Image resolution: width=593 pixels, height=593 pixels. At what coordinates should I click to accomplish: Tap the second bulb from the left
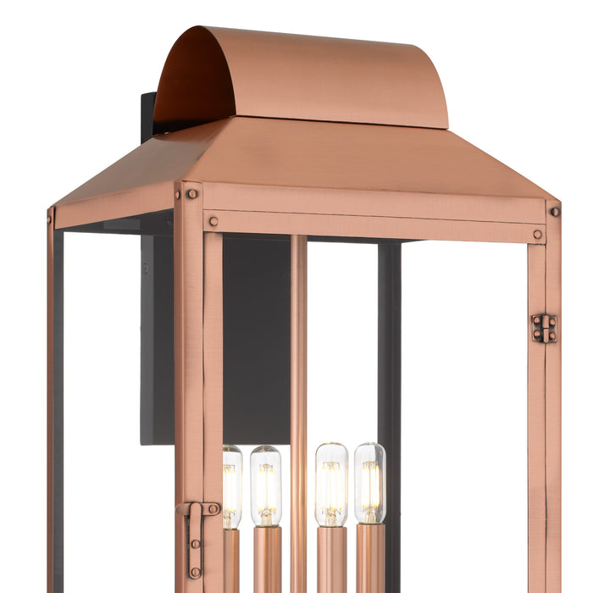click(265, 485)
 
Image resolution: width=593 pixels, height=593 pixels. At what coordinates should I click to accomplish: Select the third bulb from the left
click(331, 484)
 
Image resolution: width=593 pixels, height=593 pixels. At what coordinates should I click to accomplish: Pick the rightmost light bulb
click(369, 484)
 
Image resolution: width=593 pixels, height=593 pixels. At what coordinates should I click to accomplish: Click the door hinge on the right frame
click(544, 328)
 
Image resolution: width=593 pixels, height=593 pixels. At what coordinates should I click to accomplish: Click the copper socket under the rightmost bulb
click(369, 559)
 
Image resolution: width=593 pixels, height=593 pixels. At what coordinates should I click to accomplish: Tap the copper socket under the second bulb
click(266, 559)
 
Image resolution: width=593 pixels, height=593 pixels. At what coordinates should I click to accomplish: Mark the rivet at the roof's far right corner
click(553, 211)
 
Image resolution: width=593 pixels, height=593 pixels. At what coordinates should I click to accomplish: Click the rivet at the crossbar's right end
click(537, 235)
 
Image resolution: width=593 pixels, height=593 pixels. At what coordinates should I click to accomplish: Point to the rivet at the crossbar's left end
click(213, 222)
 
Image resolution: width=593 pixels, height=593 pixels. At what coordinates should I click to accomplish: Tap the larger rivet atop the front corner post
click(192, 194)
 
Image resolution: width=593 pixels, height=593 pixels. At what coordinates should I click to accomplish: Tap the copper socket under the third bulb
click(331, 559)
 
